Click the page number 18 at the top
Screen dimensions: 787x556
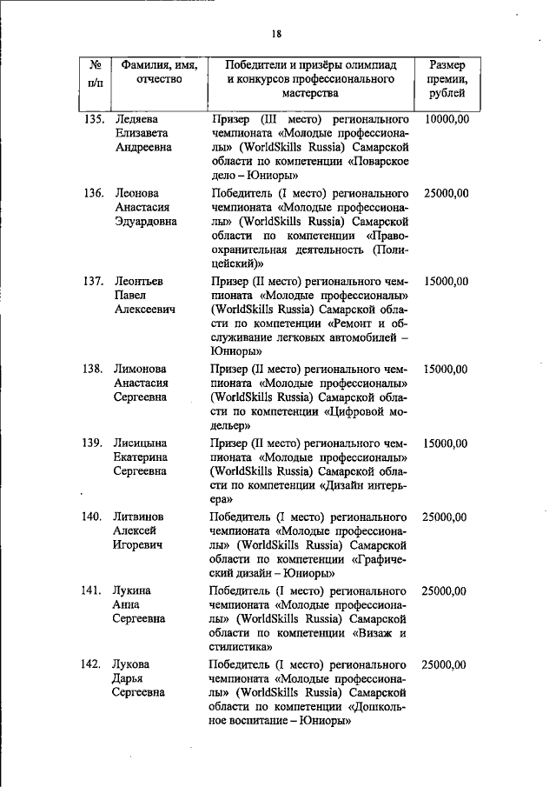click(277, 34)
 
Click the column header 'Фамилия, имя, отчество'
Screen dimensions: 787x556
click(159, 72)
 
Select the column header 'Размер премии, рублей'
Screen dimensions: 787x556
click(447, 79)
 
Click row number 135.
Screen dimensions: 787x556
click(95, 117)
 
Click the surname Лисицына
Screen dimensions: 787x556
click(142, 443)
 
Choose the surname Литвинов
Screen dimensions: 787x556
click(142, 517)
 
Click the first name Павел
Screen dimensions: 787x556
click(131, 296)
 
